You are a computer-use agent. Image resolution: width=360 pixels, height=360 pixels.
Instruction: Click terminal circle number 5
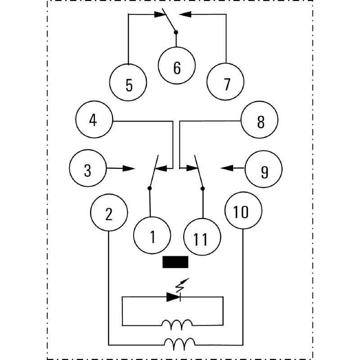click(x=129, y=83)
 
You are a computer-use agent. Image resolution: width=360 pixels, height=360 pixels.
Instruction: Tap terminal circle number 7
click(x=225, y=83)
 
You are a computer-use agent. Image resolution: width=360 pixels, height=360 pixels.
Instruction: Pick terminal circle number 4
click(x=94, y=121)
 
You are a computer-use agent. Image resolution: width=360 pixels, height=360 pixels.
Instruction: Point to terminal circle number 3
click(x=88, y=169)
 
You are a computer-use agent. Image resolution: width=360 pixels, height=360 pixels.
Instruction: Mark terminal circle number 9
click(x=264, y=169)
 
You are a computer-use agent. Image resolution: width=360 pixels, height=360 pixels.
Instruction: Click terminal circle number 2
click(x=109, y=213)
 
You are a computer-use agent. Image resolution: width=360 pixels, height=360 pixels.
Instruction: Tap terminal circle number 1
click(x=152, y=235)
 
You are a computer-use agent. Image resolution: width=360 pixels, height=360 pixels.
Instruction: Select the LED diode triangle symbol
click(x=173, y=297)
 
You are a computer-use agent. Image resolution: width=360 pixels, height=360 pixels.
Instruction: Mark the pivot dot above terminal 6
click(x=176, y=32)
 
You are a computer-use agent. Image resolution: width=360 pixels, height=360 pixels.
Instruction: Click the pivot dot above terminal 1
click(x=150, y=188)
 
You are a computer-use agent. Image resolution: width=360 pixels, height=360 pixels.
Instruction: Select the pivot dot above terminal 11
click(x=202, y=188)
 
